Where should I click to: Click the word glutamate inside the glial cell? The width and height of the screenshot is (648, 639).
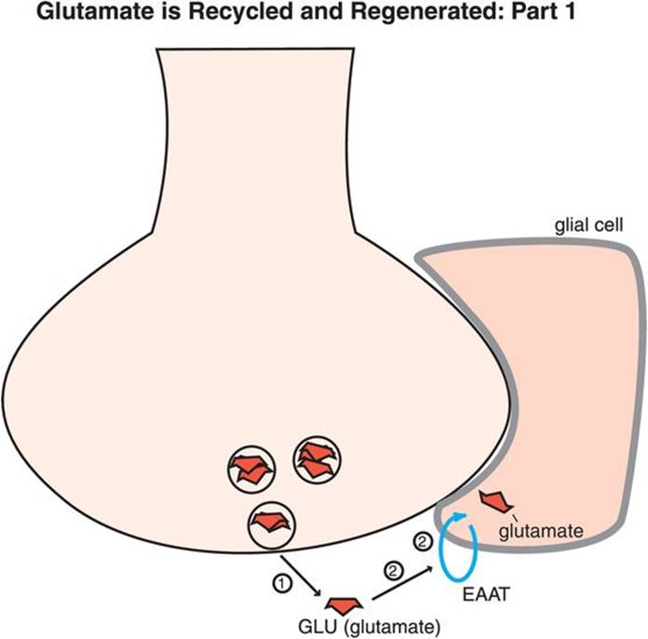click(x=541, y=532)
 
